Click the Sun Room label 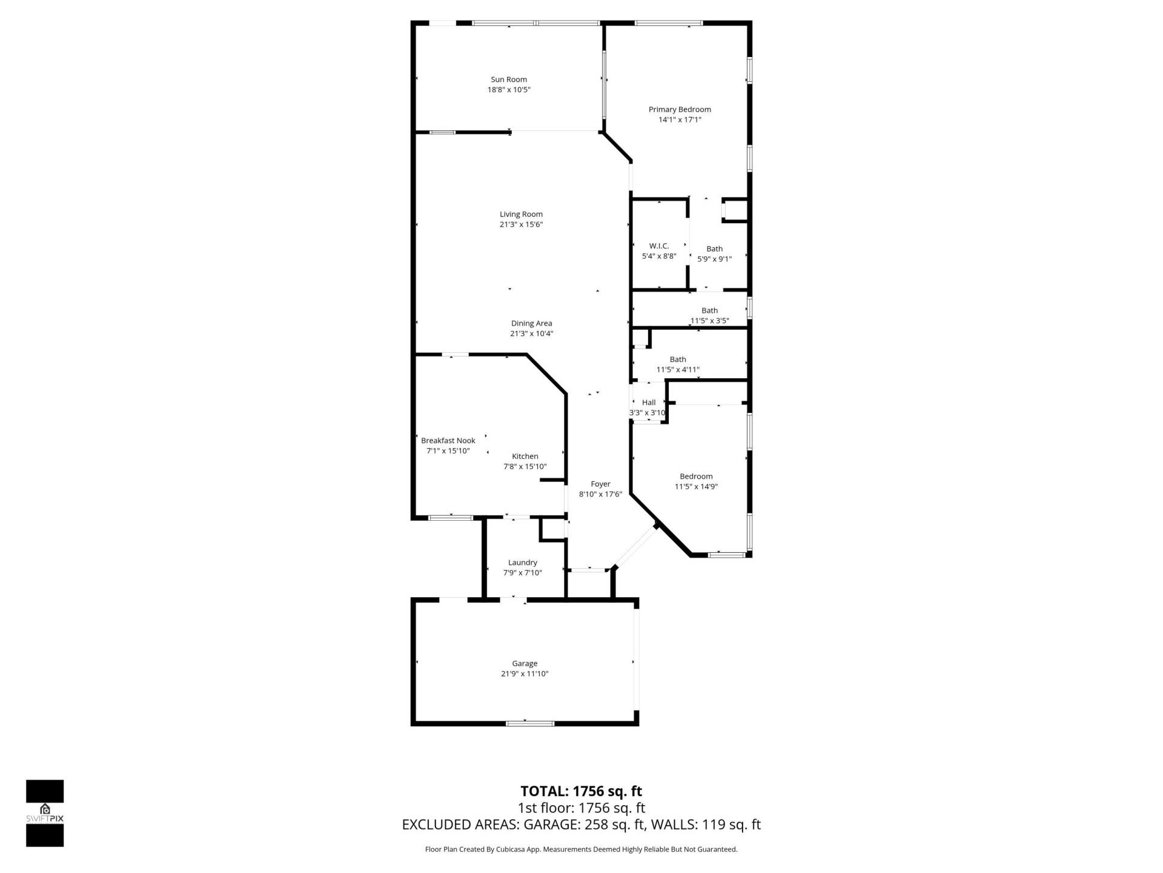click(509, 79)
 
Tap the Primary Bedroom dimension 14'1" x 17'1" click(680, 120)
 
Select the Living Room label click(521, 214)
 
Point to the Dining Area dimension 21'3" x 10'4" click(531, 333)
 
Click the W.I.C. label click(659, 246)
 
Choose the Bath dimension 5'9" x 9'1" click(714, 259)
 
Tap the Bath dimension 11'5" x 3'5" click(709, 321)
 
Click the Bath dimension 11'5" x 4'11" click(678, 369)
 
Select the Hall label click(649, 403)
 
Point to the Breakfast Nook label click(448, 441)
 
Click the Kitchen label click(525, 457)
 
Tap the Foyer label click(600, 484)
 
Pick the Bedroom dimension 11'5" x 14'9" click(696, 486)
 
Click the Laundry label click(523, 563)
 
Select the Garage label click(525, 663)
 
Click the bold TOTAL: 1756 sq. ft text click(581, 791)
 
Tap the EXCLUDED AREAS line click(581, 824)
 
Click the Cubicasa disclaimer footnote click(581, 849)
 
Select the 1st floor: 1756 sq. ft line click(581, 808)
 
